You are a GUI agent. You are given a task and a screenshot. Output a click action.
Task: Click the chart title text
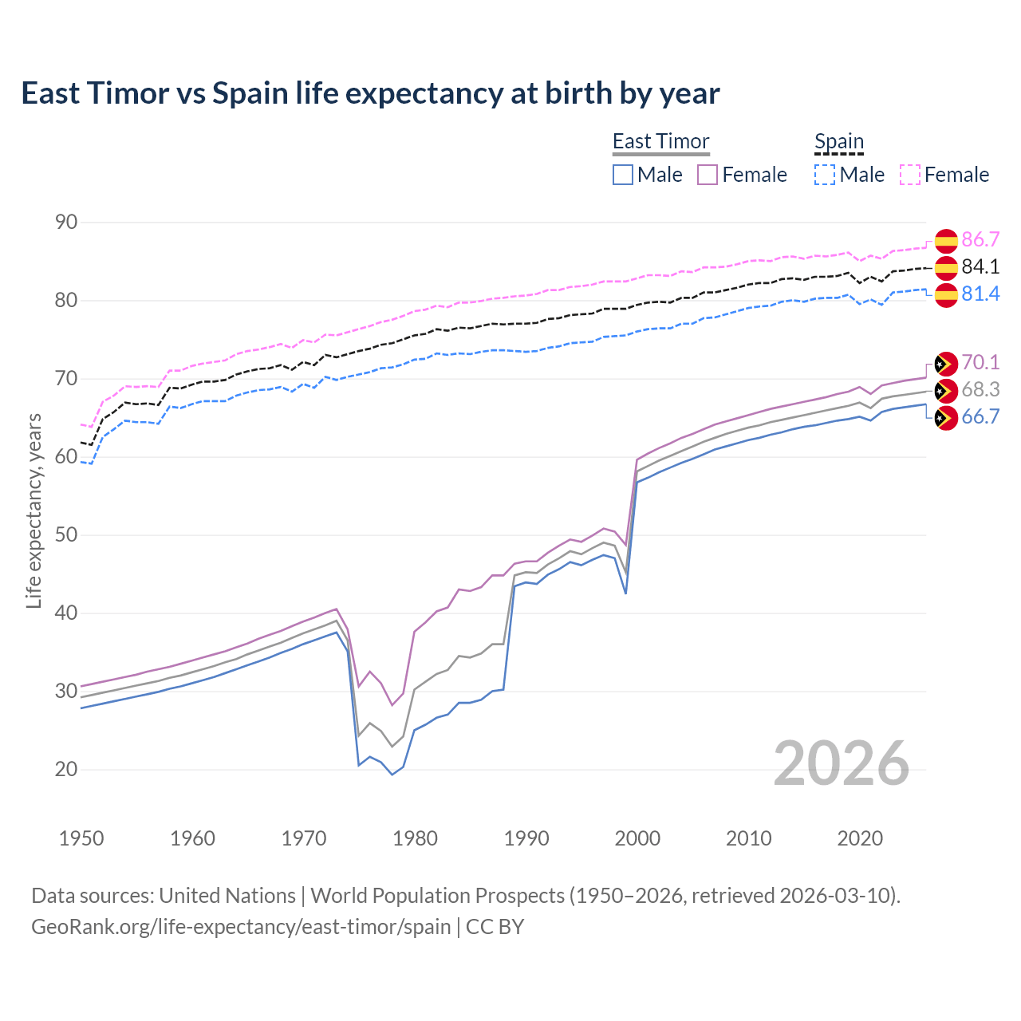pos(370,93)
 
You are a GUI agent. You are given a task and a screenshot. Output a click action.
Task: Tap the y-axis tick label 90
pos(66,222)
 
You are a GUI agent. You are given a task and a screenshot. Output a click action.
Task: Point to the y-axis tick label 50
pos(66,534)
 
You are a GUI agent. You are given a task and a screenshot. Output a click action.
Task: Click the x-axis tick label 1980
pos(415,838)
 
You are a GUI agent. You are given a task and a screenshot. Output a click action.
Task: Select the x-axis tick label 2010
pos(748,838)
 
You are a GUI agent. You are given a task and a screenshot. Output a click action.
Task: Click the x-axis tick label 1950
pos(81,838)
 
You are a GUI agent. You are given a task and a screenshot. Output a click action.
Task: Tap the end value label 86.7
pos(980,239)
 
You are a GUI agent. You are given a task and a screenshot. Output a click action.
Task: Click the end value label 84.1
pos(980,266)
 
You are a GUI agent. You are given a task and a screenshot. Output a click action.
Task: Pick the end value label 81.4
pos(980,294)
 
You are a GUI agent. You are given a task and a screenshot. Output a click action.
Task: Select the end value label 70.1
pos(980,362)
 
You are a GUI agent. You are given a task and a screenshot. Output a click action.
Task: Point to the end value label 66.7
pos(980,416)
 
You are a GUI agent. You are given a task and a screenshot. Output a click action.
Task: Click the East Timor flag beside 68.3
pos(945,390)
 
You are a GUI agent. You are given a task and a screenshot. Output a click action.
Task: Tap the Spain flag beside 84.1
pos(945,267)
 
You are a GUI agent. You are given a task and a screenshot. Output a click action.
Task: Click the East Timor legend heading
pos(660,141)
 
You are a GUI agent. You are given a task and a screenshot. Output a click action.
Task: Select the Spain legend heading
pos(838,141)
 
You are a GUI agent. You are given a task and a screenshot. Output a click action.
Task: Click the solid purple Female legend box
pos(708,175)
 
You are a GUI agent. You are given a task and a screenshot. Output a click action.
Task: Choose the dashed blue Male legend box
pos(825,175)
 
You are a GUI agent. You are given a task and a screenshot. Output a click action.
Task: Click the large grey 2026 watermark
pos(842,763)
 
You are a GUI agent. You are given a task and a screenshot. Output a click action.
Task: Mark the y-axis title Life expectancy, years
pos(34,510)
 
